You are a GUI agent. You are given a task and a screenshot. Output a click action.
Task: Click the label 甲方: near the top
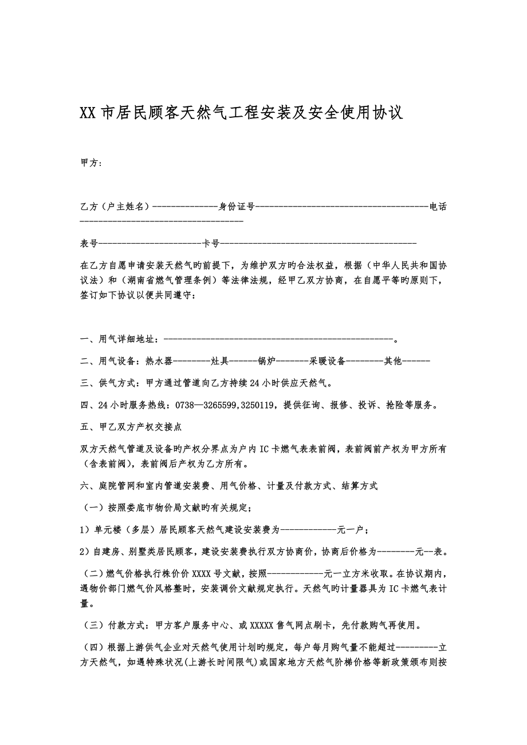[91, 163]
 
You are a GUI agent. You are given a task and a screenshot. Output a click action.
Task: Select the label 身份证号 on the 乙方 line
[237, 206]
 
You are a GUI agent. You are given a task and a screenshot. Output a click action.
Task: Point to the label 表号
[89, 243]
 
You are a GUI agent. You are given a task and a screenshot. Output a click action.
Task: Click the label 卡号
[211, 243]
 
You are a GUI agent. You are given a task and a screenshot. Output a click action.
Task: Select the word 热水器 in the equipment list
[159, 361]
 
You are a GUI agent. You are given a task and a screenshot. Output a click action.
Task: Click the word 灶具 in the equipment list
[221, 361]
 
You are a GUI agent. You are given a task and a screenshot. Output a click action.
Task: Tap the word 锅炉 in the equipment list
[266, 361]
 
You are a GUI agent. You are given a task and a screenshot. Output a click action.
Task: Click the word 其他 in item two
[393, 361]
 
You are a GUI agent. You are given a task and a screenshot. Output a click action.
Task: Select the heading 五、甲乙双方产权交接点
[132, 427]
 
